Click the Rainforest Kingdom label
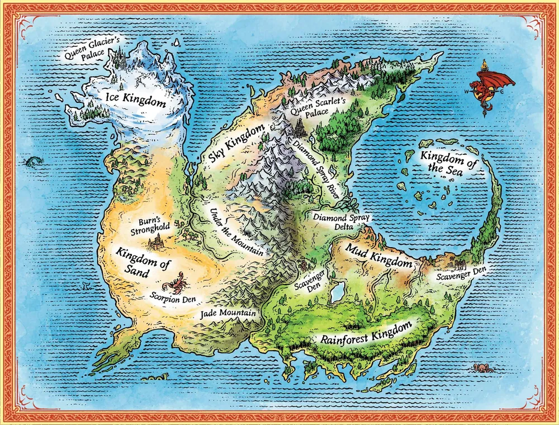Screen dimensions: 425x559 366,333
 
